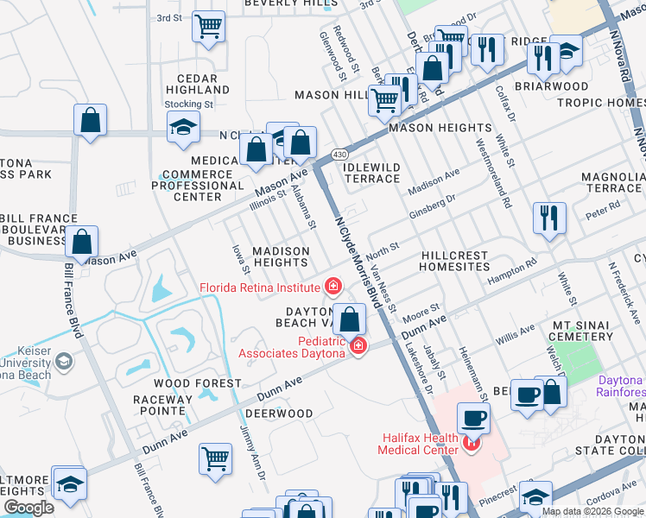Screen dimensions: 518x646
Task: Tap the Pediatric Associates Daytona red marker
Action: coord(358,347)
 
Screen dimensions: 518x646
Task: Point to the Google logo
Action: coord(28,508)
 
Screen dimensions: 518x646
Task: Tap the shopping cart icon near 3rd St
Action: coord(208,28)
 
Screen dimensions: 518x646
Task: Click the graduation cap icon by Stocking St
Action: coord(182,129)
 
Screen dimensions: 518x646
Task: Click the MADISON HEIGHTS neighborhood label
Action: coord(280,256)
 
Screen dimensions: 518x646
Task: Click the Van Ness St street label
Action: coord(383,289)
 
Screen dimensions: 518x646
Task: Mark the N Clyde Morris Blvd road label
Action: coord(357,256)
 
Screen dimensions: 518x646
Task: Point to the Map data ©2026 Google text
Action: coord(592,511)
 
